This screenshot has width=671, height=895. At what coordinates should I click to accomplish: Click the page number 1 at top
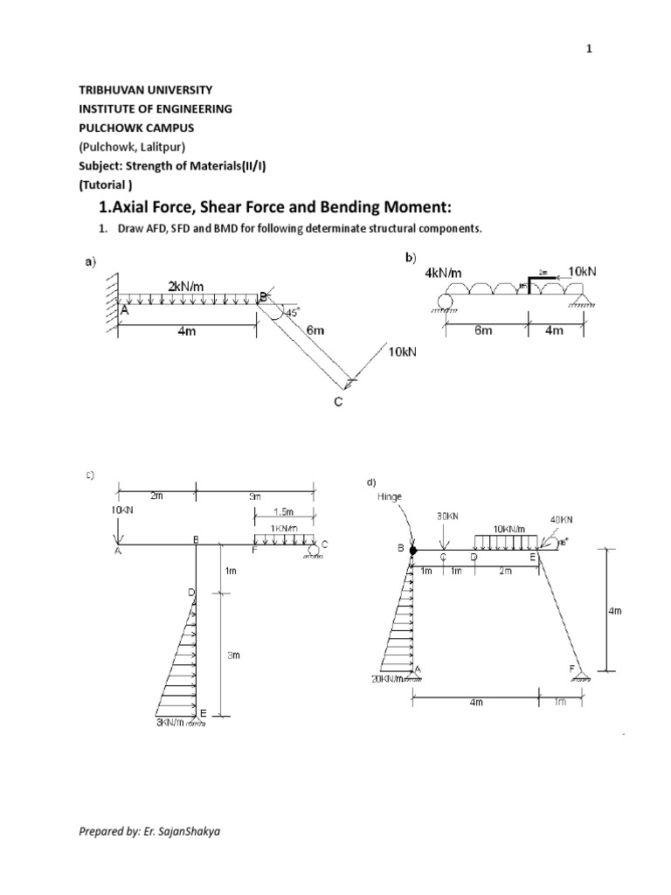(589, 50)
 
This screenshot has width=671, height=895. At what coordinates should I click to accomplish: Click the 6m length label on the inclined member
(315, 330)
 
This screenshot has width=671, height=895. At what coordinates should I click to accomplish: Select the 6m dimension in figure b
(484, 331)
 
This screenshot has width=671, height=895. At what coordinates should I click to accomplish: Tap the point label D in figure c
(190, 593)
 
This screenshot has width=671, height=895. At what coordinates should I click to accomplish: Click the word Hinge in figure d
(390, 496)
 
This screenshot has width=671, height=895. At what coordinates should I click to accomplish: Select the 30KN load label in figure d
(446, 516)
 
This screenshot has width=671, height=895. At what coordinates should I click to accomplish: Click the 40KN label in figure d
(561, 520)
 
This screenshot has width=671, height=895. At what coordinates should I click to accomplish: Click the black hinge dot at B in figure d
(412, 550)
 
